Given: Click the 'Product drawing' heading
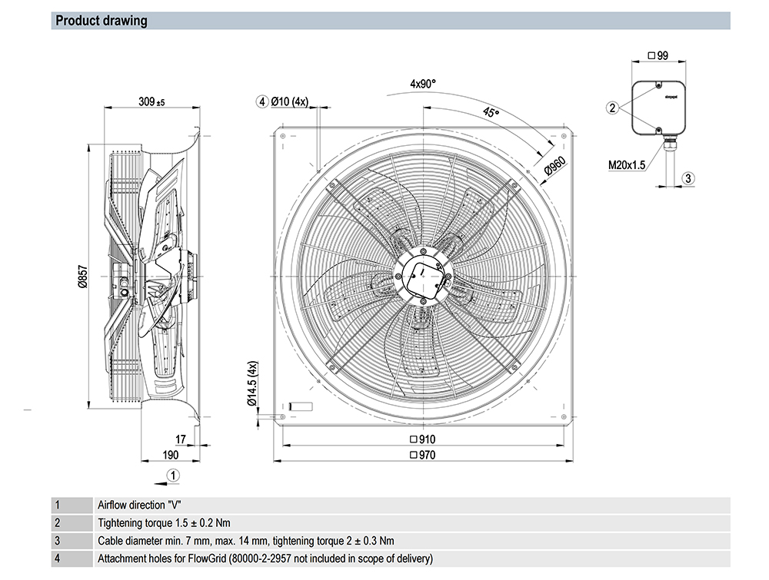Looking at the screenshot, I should click(x=102, y=21).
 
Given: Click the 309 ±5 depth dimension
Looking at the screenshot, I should click(x=151, y=101).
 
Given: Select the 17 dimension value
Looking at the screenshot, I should click(x=181, y=439).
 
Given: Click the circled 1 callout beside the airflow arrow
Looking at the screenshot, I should click(x=174, y=476).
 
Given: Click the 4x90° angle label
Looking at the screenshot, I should click(x=423, y=83).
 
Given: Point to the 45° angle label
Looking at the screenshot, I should click(x=490, y=113).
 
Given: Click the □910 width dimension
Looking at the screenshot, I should click(x=424, y=439).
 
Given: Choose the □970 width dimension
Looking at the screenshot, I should click(x=424, y=455).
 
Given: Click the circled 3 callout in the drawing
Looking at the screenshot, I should click(x=688, y=178).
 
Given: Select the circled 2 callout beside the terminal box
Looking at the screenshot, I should click(x=612, y=108).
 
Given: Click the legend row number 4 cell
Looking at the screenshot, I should click(x=57, y=558).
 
